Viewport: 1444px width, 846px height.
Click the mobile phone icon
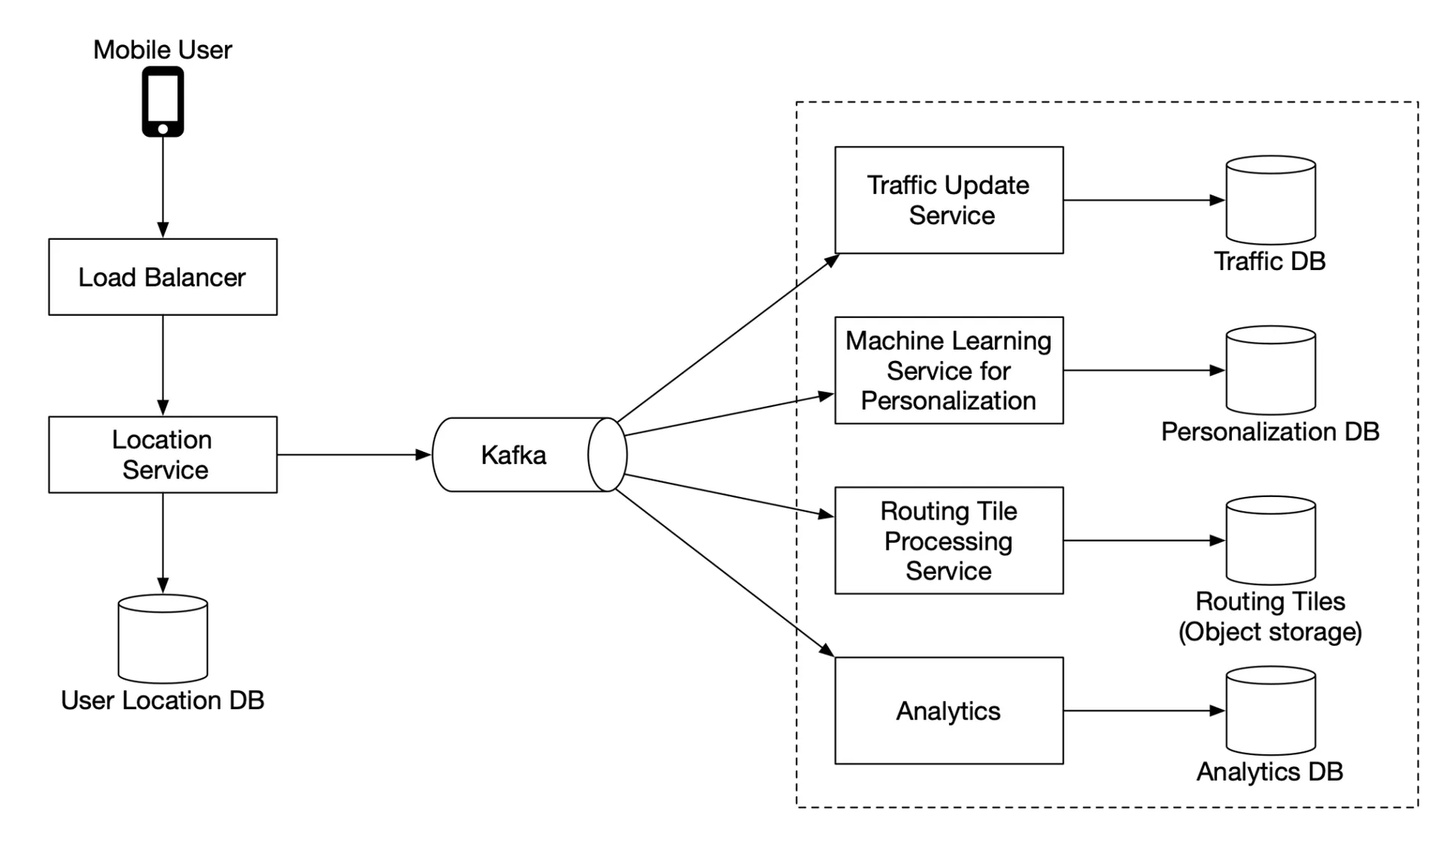[162, 102]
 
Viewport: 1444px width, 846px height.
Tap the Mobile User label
[162, 50]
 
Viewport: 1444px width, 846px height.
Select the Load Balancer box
[162, 277]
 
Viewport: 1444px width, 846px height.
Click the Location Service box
[162, 454]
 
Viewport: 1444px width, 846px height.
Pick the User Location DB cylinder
[162, 638]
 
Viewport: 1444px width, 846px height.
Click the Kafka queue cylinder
[529, 454]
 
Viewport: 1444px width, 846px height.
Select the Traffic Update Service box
[949, 200]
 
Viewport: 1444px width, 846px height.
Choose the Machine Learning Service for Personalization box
[949, 370]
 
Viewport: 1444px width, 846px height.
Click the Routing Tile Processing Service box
[949, 540]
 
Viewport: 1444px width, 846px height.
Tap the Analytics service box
[949, 711]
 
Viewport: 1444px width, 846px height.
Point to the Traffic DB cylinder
[1270, 200]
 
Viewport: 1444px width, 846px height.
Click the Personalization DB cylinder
[1270, 370]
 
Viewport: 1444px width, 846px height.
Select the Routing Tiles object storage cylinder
[1270, 540]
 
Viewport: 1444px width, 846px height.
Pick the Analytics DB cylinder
[1270, 711]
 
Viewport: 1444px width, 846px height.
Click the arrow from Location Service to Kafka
[354, 454]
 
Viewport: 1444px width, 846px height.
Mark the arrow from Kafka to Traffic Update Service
[728, 338]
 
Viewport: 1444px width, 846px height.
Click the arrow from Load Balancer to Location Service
[162, 365]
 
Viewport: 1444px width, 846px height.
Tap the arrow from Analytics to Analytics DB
[1145, 711]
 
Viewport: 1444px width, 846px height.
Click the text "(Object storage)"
[1270, 632]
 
